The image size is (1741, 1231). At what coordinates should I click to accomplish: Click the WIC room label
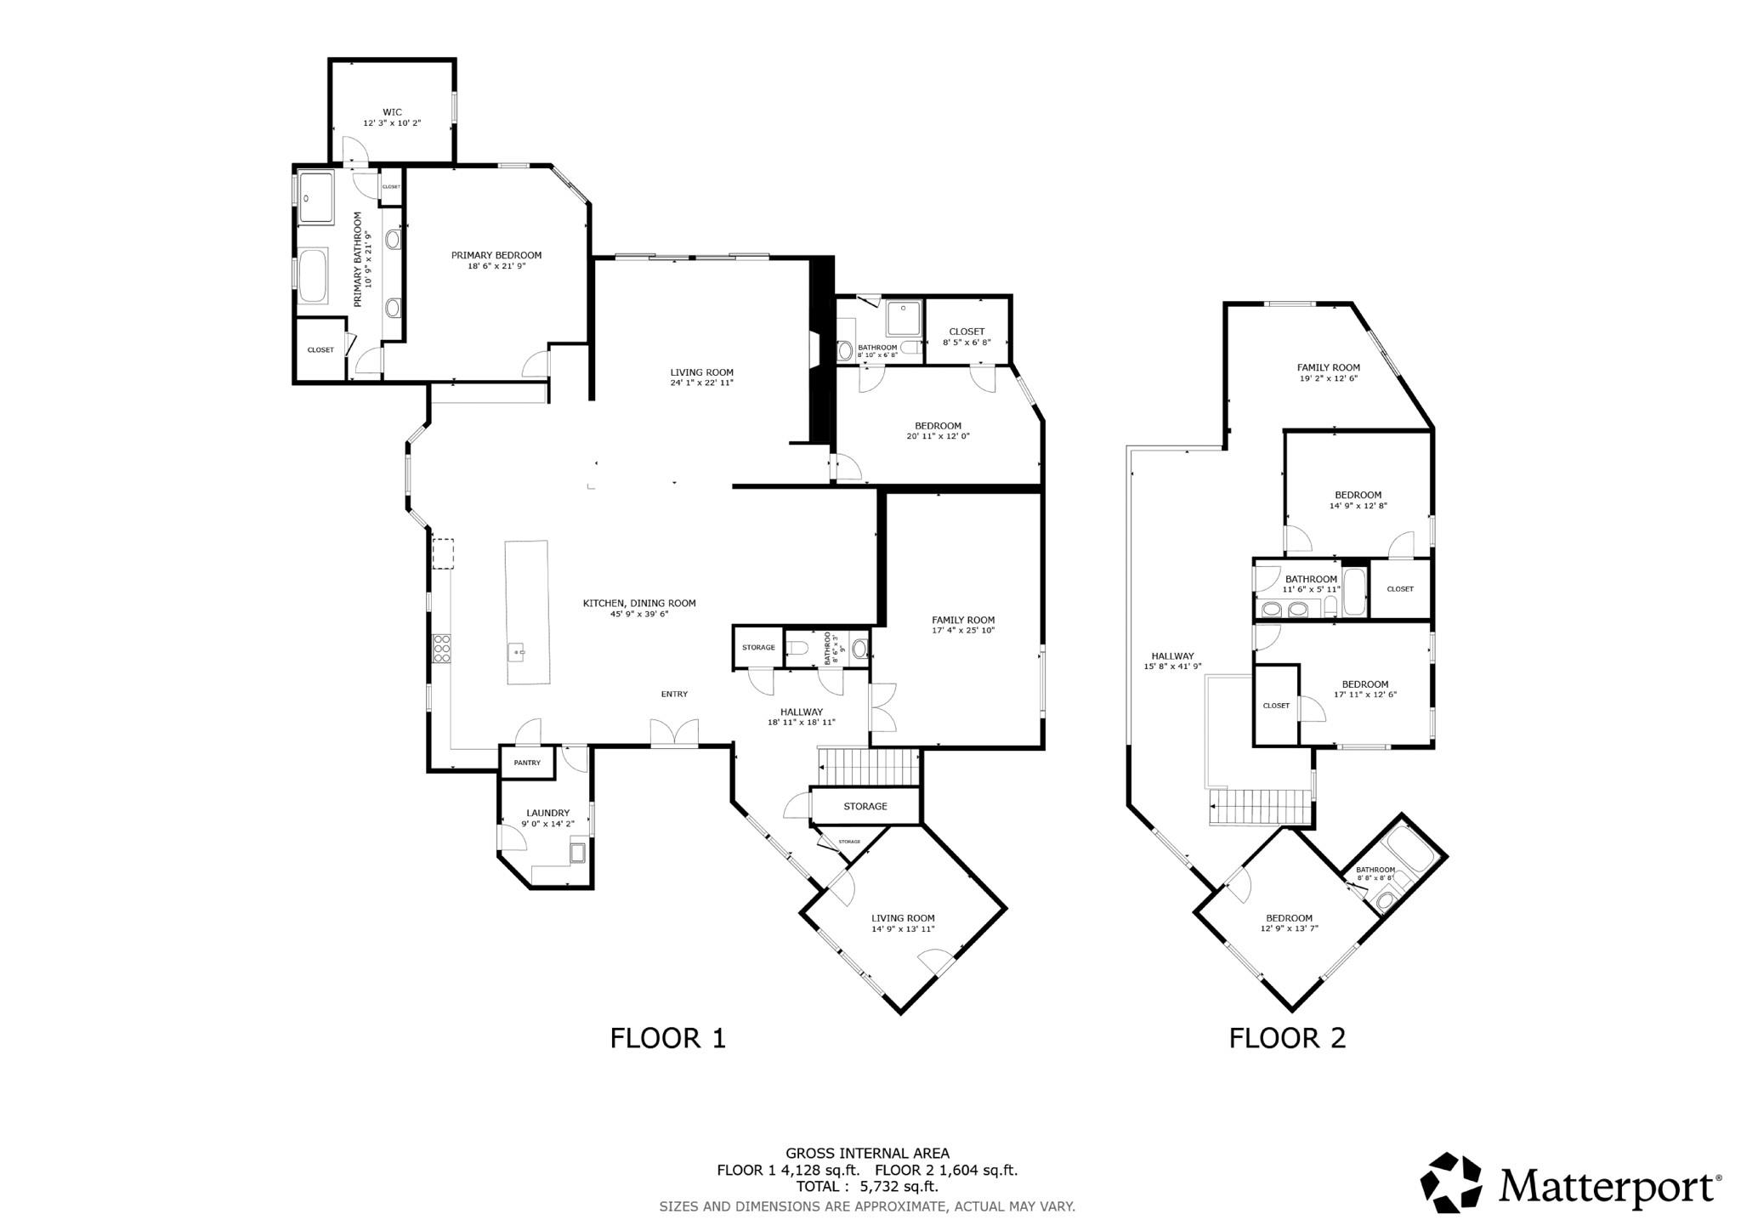click(392, 112)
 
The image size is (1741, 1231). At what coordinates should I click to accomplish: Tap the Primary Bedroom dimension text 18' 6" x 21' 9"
click(496, 266)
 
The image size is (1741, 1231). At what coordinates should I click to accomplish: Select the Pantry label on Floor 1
click(527, 763)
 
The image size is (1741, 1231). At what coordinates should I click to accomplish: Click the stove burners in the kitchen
click(442, 649)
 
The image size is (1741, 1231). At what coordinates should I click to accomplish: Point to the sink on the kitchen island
click(518, 652)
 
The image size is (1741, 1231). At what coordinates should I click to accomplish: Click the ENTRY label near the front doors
click(674, 694)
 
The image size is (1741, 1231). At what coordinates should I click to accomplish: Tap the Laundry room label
click(548, 813)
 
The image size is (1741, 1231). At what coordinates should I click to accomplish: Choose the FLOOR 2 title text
click(1287, 1038)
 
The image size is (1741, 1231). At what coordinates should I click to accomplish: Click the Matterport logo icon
click(1452, 1183)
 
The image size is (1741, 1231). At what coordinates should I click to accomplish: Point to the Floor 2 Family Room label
click(1328, 367)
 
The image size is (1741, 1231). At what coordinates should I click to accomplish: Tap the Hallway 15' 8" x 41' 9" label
click(1172, 661)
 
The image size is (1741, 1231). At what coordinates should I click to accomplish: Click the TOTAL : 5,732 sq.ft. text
click(867, 1186)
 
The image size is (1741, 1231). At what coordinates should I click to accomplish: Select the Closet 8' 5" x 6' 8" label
click(967, 337)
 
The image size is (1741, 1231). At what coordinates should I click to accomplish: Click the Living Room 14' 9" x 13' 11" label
click(903, 923)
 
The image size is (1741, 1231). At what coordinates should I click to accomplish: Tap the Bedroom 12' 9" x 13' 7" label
click(1289, 923)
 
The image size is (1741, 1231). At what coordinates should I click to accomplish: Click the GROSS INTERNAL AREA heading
click(867, 1154)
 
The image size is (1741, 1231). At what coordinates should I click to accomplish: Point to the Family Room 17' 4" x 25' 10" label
click(962, 625)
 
